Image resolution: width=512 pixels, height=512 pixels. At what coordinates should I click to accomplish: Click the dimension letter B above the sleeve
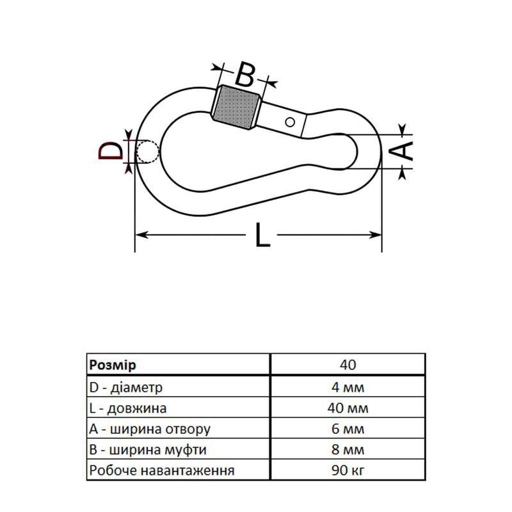tap(244, 74)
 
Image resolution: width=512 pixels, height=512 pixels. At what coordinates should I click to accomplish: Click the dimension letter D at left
tap(111, 150)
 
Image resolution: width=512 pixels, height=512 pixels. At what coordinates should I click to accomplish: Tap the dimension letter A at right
tap(401, 151)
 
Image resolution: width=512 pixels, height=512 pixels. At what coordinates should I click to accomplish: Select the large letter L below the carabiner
tap(262, 234)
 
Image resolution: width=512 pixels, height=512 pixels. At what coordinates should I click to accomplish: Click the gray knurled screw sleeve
tap(236, 107)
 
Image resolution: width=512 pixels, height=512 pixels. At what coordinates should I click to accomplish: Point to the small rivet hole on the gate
tap(290, 122)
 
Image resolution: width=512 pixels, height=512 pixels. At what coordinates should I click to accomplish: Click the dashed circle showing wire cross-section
tap(148, 152)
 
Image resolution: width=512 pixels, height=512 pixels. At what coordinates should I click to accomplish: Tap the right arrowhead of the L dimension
tap(375, 234)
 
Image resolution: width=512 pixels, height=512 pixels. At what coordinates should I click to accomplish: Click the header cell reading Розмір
tap(113, 365)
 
